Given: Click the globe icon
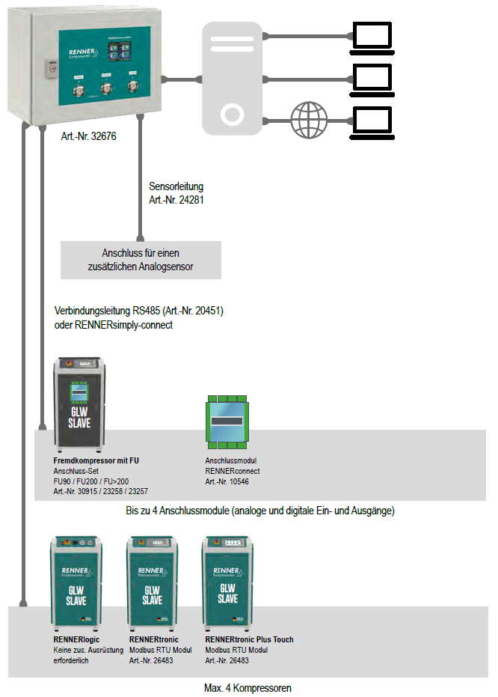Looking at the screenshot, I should tap(310, 118).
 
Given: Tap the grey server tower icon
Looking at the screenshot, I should tap(233, 78).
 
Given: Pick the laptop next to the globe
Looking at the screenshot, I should tap(372, 120).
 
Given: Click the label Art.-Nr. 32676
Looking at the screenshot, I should tap(89, 138).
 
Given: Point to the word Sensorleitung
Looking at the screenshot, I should tap(176, 186).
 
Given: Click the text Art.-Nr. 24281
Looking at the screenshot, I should tap(177, 200).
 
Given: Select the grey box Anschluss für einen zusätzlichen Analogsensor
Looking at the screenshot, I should tap(141, 260).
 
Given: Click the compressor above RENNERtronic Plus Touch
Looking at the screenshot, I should tap(227, 582).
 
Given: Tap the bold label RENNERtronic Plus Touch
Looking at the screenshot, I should tap(249, 640).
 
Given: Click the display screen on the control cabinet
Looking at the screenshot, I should tap(117, 52).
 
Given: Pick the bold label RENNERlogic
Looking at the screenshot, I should tap(77, 640).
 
